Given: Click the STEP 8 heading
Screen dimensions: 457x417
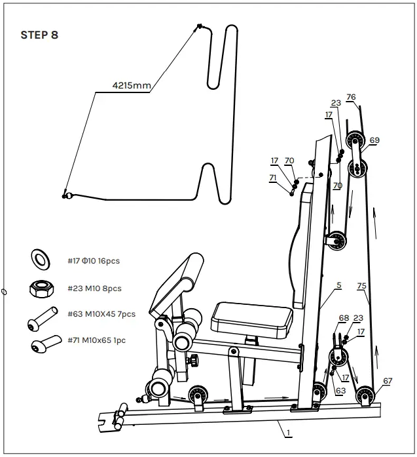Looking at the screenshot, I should coord(39,35).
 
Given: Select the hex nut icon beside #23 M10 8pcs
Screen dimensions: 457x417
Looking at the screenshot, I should coord(41,287).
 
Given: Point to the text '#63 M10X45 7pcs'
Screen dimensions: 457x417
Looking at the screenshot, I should coord(101,314).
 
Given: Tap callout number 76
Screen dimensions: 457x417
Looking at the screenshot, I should coord(351,97).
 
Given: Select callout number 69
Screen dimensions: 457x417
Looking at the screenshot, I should coord(374,140).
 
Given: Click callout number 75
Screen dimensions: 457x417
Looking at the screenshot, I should coord(362,286).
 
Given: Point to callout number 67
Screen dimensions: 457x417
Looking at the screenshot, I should coord(388,380).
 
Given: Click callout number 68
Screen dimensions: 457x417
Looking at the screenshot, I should coord(344,319).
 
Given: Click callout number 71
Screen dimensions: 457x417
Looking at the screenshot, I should coord(273,177).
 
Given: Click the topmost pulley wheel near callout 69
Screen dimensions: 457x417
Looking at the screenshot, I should coord(356,140).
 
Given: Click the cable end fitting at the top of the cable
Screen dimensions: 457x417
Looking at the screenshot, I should coord(198,27).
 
